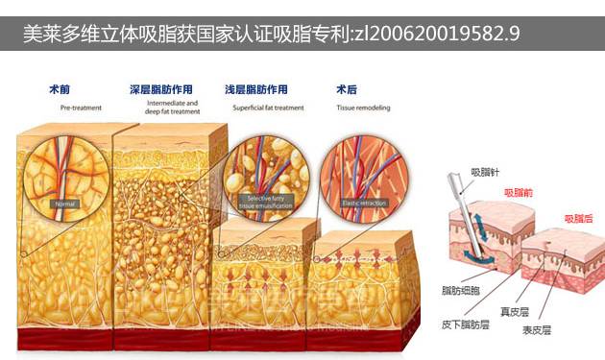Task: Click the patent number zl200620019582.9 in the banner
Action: [436, 36]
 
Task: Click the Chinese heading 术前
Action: [59, 90]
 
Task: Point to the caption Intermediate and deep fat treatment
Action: [173, 107]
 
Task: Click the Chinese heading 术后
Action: [346, 90]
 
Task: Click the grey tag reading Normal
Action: [65, 204]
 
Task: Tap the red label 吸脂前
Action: [520, 192]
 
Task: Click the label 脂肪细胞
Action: [459, 288]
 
